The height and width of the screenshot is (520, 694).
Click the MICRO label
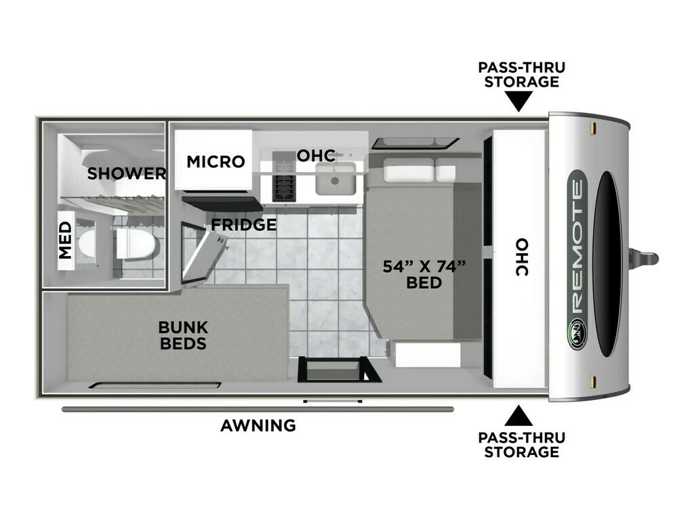(x=216, y=162)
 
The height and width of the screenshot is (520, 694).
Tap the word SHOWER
(x=127, y=174)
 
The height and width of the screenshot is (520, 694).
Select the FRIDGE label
(x=243, y=225)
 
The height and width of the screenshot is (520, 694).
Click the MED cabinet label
(x=65, y=240)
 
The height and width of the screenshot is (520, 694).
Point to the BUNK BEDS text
(x=183, y=335)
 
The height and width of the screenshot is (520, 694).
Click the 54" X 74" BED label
(x=424, y=274)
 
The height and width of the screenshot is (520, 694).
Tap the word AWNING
(x=258, y=425)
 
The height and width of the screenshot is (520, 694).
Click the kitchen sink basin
(x=335, y=179)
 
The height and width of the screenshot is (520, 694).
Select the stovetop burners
(x=284, y=177)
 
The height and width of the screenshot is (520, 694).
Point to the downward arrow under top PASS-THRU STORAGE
(x=519, y=102)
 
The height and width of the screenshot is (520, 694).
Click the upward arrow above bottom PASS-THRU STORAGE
(x=518, y=416)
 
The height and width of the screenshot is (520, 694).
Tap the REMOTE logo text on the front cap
(x=577, y=248)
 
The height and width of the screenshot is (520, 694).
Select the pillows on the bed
(x=419, y=170)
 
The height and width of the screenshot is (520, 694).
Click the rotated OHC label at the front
(x=522, y=257)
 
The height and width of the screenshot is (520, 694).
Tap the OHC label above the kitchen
(x=316, y=156)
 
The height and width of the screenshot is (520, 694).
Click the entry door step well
(x=338, y=370)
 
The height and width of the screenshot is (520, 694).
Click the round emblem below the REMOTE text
(x=577, y=333)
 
